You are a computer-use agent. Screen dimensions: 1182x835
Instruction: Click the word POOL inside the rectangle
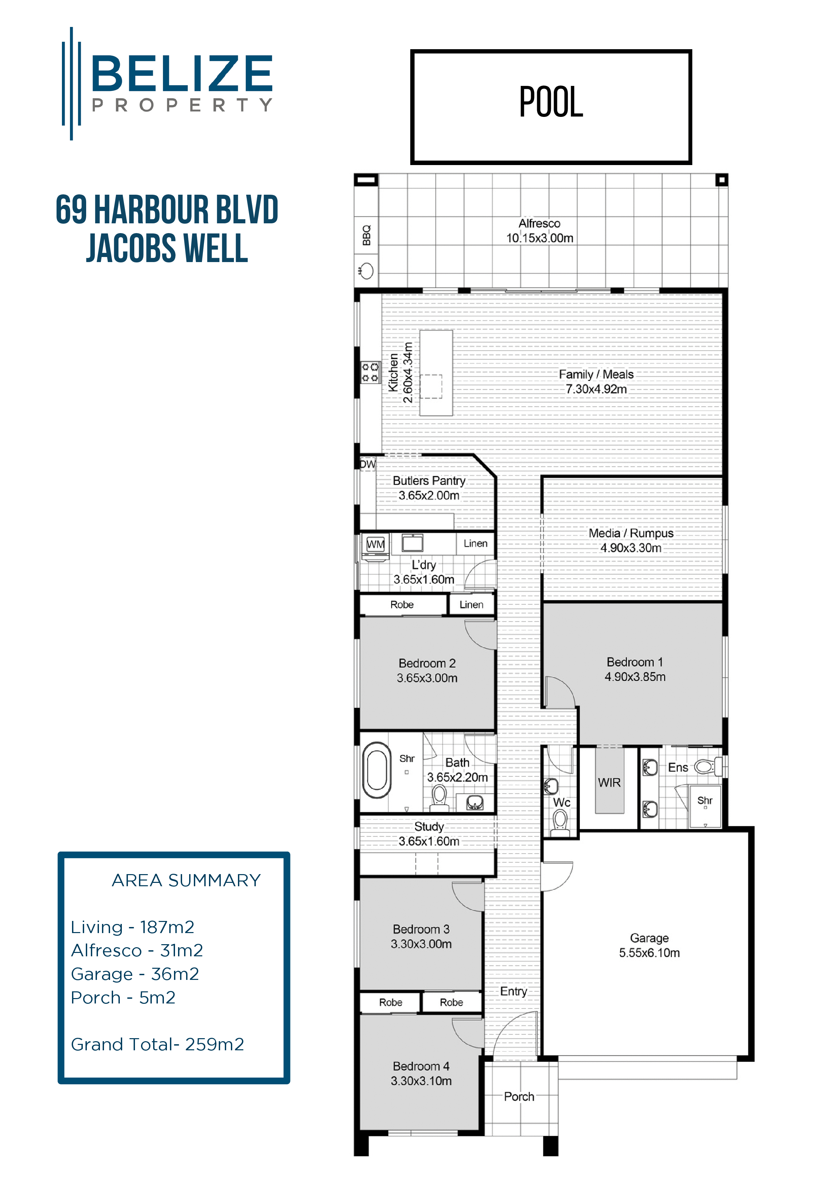551,102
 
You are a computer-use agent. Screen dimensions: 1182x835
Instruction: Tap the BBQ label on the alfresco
366,235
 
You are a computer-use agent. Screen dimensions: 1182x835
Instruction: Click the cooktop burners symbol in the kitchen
370,372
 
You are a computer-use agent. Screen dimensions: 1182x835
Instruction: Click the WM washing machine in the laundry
376,545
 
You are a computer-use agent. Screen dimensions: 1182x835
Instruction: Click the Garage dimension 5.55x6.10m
649,953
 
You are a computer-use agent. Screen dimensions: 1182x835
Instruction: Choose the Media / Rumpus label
631,533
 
